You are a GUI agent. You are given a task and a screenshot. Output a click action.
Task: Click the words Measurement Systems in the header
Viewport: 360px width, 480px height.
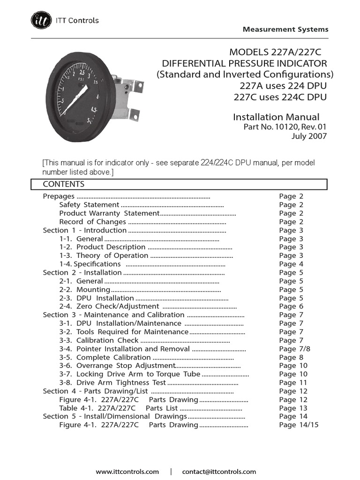285,29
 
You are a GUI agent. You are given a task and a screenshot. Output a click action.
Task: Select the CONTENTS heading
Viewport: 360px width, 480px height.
64,184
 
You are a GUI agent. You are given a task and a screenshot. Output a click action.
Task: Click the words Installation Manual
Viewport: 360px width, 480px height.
276,117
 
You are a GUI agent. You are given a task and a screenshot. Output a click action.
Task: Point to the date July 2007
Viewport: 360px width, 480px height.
308,136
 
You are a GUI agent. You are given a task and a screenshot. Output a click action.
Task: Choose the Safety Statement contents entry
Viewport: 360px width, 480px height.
89,205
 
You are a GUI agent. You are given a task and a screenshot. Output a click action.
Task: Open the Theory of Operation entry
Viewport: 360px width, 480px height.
112,255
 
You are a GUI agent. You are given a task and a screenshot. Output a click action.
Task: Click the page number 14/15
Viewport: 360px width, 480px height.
299,425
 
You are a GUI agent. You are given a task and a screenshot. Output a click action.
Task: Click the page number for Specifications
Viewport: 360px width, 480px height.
291,264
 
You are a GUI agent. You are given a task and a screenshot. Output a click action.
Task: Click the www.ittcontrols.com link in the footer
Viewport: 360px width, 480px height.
127,472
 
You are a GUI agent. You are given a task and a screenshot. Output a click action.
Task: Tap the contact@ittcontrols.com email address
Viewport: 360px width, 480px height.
219,472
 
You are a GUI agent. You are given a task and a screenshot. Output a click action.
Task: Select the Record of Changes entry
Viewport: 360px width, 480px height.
92,222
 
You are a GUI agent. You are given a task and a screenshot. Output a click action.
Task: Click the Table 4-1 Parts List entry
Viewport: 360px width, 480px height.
119,408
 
